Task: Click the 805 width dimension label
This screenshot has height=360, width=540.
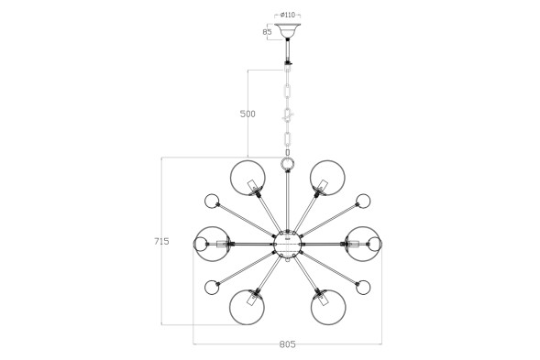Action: pyautogui.click(x=287, y=344)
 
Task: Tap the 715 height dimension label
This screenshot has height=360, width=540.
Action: pyautogui.click(x=161, y=241)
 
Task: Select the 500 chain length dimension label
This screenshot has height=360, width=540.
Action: pyautogui.click(x=248, y=114)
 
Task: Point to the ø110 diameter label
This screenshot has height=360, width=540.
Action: pyautogui.click(x=288, y=15)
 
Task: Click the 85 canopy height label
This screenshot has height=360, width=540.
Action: pyautogui.click(x=267, y=32)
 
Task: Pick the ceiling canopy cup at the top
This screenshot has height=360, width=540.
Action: pyautogui.click(x=288, y=30)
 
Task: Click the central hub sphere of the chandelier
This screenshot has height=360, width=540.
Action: pyautogui.click(x=287, y=244)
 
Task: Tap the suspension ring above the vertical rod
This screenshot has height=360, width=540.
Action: pyautogui.click(x=287, y=163)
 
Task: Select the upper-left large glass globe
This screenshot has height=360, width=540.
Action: pyautogui.click(x=248, y=178)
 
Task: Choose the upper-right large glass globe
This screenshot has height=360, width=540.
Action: pyautogui.click(x=327, y=178)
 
